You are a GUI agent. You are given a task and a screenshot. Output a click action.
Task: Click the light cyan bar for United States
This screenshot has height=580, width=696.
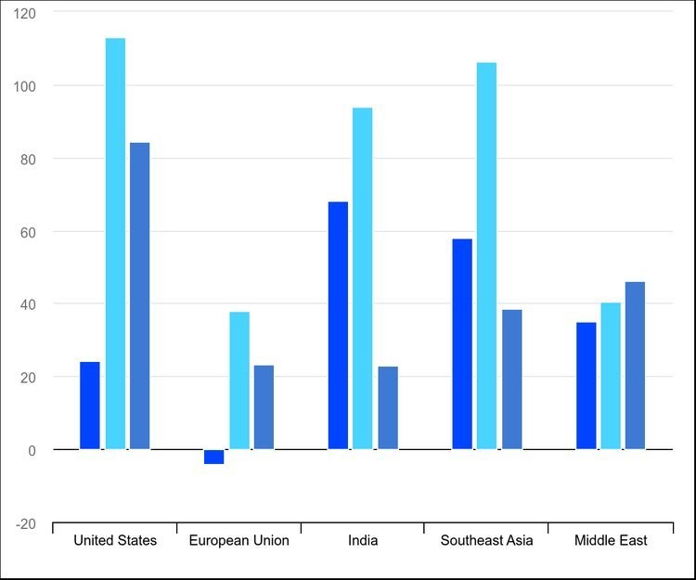[x=115, y=244]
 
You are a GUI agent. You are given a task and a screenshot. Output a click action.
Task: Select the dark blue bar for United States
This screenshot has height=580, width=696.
[x=90, y=406]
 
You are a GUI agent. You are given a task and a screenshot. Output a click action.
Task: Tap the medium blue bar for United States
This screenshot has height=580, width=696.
[x=140, y=296]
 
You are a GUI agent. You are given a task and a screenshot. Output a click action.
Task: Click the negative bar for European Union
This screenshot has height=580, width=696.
[x=214, y=457]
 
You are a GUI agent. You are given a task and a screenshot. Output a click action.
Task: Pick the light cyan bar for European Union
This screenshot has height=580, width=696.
[x=239, y=380]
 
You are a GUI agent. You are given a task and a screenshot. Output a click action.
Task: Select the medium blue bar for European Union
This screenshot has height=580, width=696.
[x=264, y=407]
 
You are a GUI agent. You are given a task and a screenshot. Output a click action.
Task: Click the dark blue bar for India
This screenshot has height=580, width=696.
[x=338, y=326]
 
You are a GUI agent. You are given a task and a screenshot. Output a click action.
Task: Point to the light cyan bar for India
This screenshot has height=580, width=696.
[x=363, y=278]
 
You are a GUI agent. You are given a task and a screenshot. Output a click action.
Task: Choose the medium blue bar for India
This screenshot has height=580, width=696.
[x=388, y=407]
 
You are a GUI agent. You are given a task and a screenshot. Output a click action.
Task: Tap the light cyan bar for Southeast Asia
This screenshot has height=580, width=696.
[x=487, y=256]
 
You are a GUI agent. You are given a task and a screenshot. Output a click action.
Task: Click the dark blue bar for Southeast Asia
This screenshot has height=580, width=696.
[x=462, y=344]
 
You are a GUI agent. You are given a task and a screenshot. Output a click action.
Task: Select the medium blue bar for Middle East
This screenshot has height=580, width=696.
[x=635, y=366]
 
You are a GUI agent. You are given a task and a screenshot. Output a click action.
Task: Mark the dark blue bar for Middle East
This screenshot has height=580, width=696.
[x=586, y=386]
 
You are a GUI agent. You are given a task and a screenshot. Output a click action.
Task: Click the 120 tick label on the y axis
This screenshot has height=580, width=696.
[x=24, y=14]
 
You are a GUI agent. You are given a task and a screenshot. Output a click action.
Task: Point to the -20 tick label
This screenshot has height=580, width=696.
[x=26, y=524]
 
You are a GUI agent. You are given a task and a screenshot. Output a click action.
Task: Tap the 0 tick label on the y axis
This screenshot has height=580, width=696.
[x=32, y=451]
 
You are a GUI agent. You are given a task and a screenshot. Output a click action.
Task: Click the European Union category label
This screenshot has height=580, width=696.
[x=238, y=540]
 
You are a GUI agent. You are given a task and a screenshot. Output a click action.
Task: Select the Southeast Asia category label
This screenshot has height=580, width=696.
[x=486, y=540]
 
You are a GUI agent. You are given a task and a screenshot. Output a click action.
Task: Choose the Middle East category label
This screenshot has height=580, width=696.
[x=611, y=540]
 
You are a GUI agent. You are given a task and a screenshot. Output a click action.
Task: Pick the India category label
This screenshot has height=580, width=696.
[x=363, y=540]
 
